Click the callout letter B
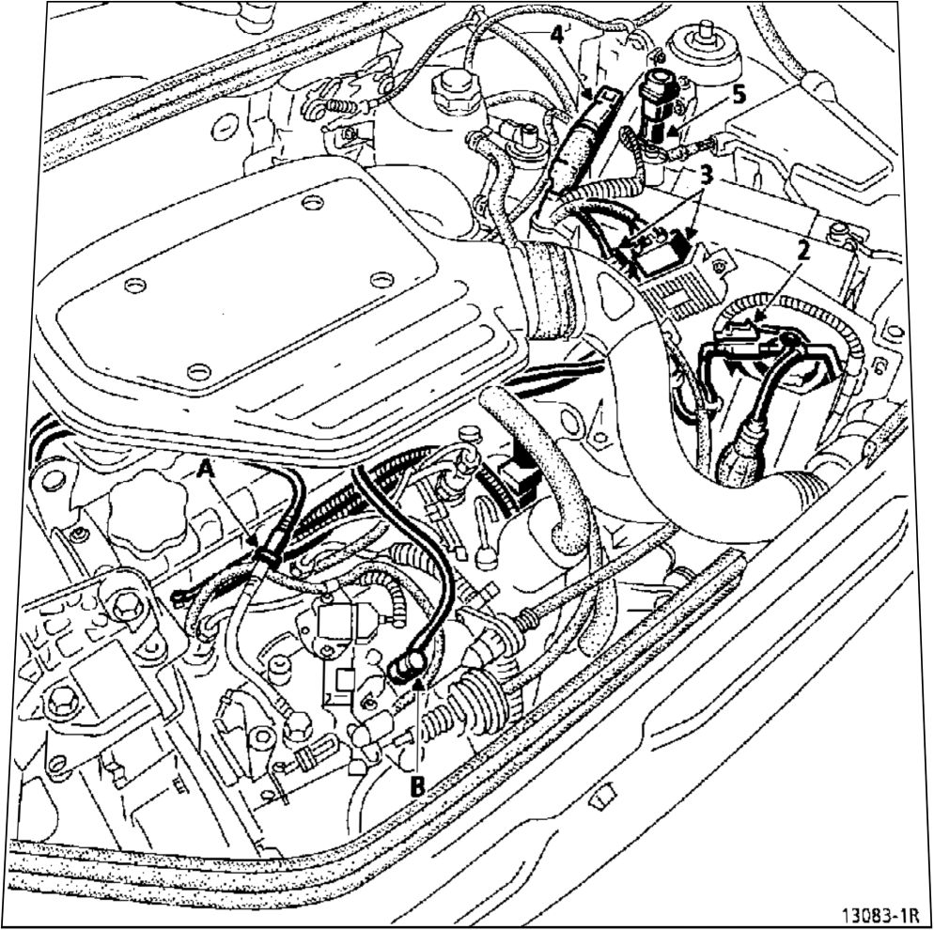[x=418, y=787]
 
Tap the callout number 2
[x=803, y=251]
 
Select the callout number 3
[x=706, y=176]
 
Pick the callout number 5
[x=739, y=95]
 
